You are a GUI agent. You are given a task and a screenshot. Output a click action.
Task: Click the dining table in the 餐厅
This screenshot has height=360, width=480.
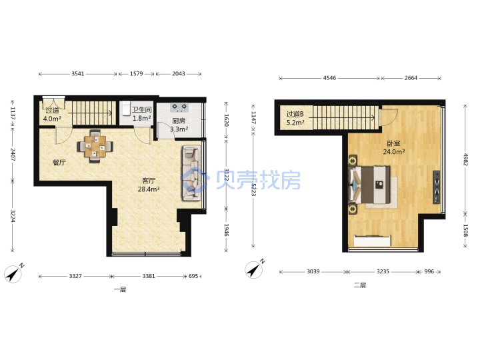pos(95,146)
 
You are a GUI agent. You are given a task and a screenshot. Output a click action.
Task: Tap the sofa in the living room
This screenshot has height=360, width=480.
pos(192,173)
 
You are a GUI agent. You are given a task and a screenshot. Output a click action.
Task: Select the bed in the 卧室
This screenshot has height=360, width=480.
pos(370,185)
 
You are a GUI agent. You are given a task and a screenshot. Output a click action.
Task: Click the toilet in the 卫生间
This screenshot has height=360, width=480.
pos(127,109)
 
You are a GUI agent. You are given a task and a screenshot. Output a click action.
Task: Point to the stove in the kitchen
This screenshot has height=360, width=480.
pos(179,107)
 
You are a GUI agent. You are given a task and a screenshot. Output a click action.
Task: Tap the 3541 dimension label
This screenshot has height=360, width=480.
pos(78,73)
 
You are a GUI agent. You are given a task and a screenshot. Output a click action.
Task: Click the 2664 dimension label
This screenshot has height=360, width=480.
pos(411,78)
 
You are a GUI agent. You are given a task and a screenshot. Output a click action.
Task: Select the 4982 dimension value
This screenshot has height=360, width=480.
pos(465,159)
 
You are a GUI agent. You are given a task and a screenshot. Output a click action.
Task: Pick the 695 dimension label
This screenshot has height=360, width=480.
pos(193,276)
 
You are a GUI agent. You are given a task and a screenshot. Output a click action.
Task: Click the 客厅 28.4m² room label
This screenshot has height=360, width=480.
pos(149,185)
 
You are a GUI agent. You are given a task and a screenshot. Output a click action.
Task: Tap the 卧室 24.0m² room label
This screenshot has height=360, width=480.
pos(394,147)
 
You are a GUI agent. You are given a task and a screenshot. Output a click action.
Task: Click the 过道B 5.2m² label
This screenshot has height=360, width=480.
pos(295,119)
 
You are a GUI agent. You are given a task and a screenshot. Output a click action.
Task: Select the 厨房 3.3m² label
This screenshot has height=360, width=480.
pos(179,125)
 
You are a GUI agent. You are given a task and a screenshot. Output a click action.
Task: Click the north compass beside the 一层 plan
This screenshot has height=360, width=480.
pos(14,273)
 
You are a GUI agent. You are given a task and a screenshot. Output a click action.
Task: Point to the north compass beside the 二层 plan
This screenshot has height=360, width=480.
pos(255,269)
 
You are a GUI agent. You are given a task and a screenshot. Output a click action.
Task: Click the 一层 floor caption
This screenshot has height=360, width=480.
pos(120,289)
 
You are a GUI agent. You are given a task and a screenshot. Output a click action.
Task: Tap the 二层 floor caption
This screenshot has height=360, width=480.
pos(360,285)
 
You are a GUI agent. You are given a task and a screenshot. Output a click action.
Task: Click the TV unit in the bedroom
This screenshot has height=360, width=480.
pos(436,187)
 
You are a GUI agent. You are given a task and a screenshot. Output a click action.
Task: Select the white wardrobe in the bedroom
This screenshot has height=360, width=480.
pos(372,241)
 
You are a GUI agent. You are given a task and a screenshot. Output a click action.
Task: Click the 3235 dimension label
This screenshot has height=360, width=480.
pos(383,271)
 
